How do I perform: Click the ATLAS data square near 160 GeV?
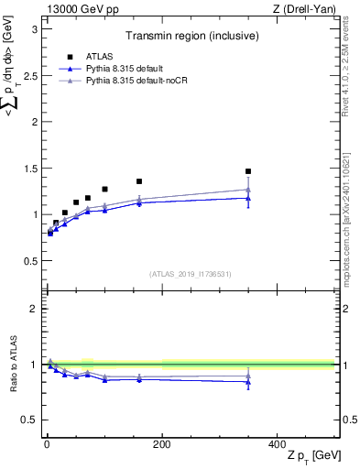click(x=139, y=181)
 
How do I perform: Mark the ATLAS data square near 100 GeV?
click(x=104, y=189)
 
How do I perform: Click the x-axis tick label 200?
click(x=161, y=443)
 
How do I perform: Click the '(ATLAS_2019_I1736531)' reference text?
click(x=189, y=274)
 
